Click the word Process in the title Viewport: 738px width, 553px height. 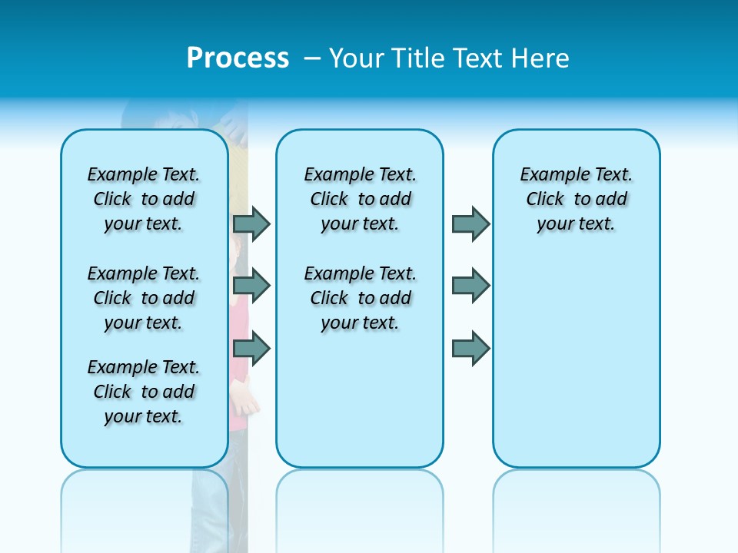point(238,58)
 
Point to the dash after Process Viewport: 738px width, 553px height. point(312,58)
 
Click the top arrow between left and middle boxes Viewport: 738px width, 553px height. point(251,224)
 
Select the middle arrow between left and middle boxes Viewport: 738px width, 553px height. point(251,286)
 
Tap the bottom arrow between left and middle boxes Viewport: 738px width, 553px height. point(251,349)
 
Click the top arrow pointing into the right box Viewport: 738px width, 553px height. point(470,224)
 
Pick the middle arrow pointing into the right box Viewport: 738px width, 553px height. point(470,286)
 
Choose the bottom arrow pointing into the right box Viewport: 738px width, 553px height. point(470,349)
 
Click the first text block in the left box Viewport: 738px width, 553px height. point(144,199)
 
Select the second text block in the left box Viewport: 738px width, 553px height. point(144,298)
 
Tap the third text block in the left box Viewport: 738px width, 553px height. point(144,392)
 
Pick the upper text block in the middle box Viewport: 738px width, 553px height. point(360,199)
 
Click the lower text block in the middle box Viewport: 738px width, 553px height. point(360,298)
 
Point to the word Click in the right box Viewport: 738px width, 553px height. point(545,199)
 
